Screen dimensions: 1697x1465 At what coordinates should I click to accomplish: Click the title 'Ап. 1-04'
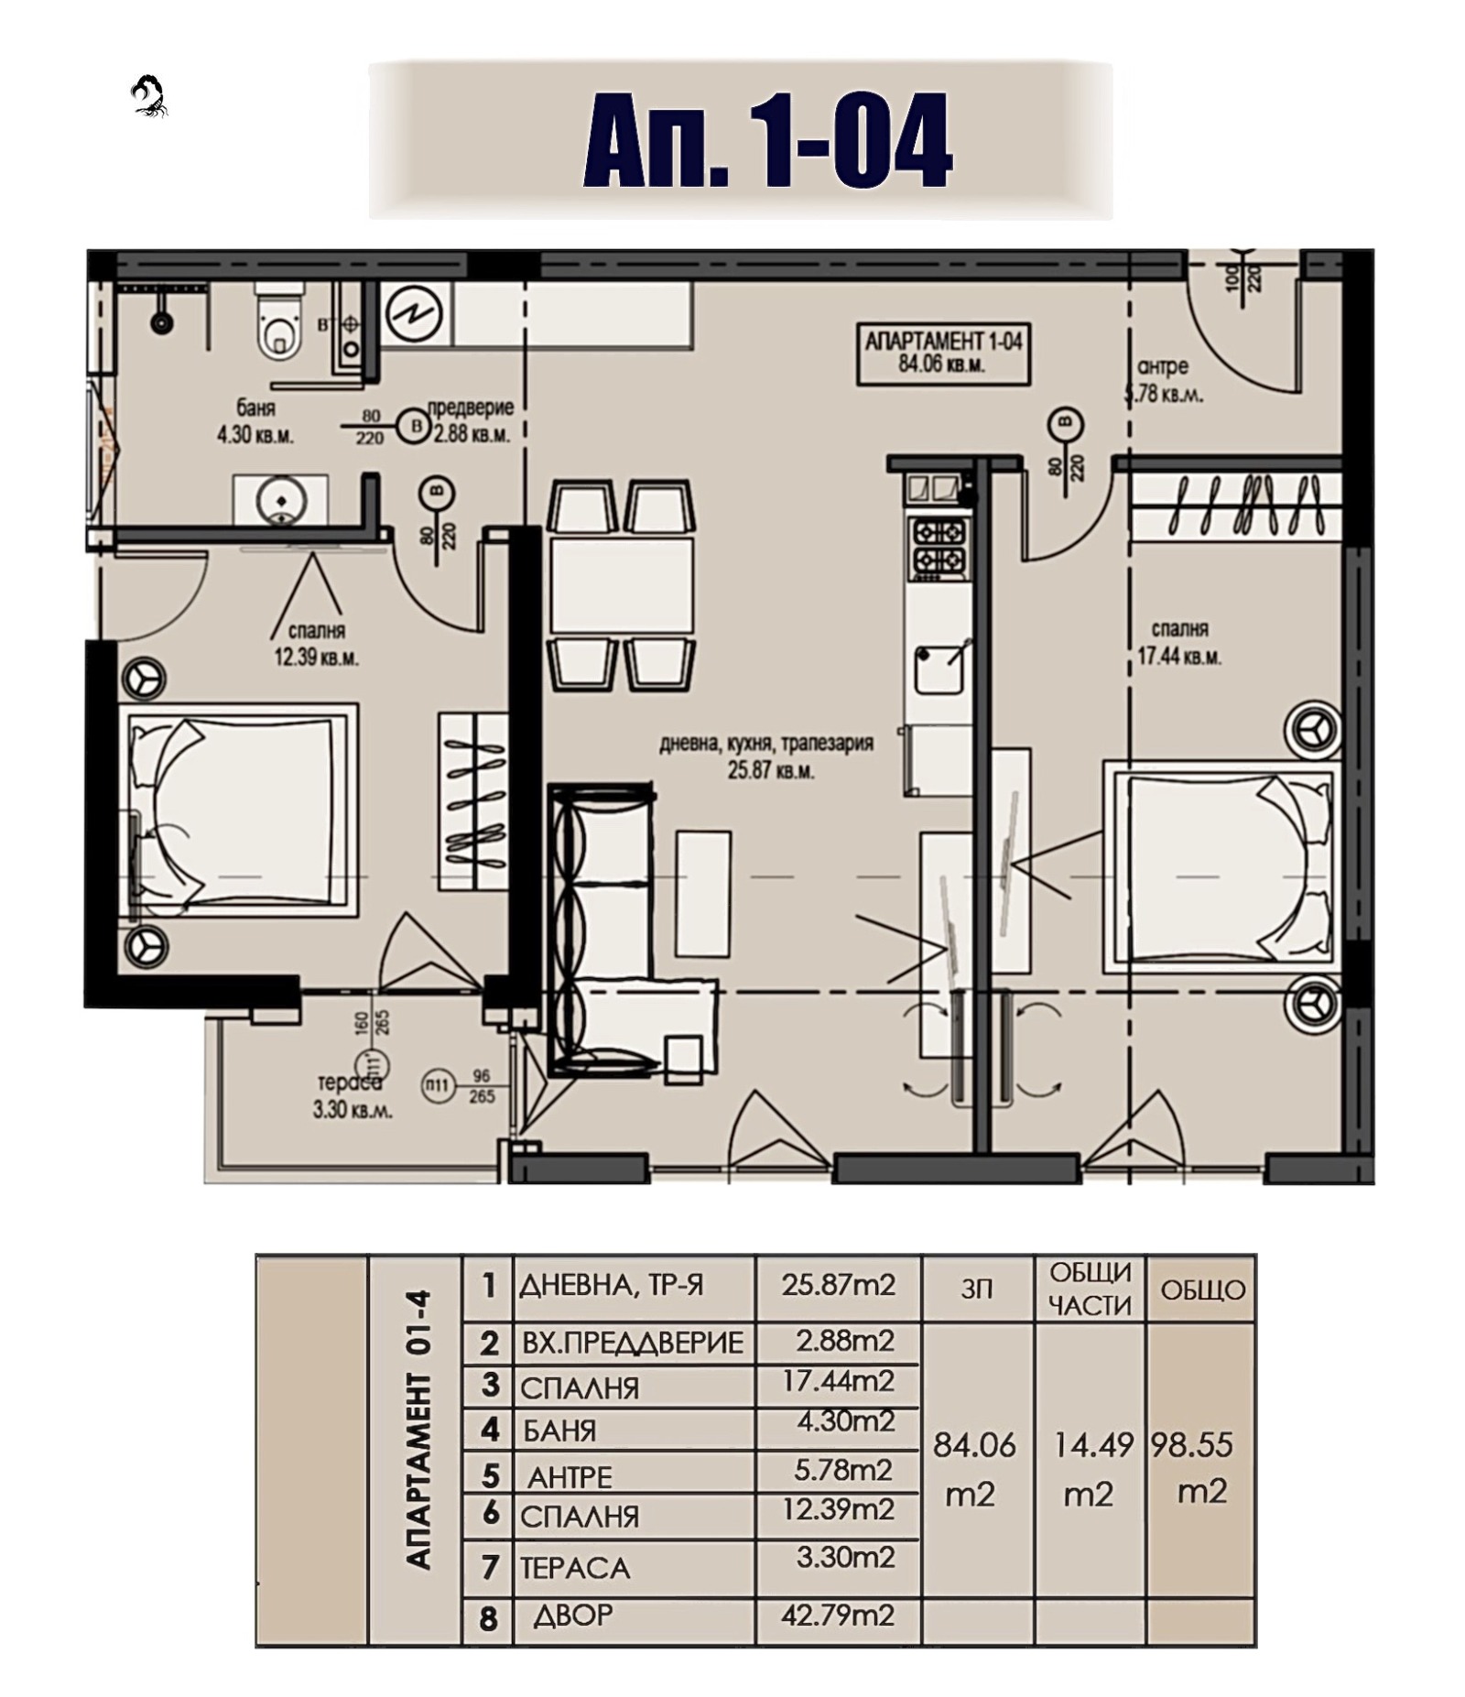pos(767,140)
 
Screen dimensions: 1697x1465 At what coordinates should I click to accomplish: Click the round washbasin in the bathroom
pos(280,500)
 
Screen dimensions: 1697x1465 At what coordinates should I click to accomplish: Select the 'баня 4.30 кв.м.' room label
pos(255,421)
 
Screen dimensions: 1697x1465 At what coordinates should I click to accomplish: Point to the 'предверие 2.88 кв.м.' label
pos(471,421)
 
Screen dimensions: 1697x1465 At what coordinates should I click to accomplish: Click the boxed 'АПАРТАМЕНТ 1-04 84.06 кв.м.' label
pos(943,354)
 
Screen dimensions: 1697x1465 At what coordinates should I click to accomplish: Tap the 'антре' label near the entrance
pos(1162,367)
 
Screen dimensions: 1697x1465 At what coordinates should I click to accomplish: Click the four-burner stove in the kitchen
pos(939,546)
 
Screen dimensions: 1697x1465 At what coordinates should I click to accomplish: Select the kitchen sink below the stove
pos(939,668)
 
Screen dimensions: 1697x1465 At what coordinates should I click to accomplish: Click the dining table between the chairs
pos(622,584)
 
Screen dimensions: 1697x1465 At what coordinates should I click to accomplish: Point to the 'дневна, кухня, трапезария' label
pos(766,744)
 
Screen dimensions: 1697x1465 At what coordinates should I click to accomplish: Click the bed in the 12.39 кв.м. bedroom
pos(238,810)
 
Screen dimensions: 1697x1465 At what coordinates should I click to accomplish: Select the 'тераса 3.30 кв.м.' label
pos(352,1096)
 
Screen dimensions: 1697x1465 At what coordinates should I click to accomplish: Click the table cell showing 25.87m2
pos(837,1285)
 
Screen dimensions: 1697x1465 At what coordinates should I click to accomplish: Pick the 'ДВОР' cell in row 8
pos(573,1615)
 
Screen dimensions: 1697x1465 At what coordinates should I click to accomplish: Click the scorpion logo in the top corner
pos(149,96)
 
